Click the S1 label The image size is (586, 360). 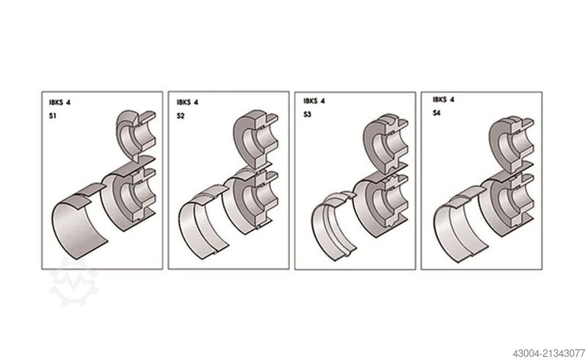[x=53, y=116]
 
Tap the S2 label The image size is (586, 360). [x=181, y=116]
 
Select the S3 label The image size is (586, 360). [x=307, y=114]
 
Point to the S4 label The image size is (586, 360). [x=436, y=113]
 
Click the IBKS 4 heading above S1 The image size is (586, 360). [x=60, y=102]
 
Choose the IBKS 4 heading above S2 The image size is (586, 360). [x=187, y=102]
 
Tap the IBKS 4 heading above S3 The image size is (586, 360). [x=314, y=101]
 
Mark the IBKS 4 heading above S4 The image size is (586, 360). [x=443, y=99]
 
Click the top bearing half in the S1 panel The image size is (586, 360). [x=135, y=135]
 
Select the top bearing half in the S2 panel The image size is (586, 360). [x=256, y=137]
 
